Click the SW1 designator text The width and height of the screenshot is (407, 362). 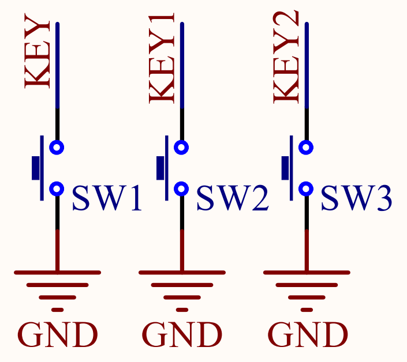[107, 199]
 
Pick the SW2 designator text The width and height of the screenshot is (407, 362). [232, 199]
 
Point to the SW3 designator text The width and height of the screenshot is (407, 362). [356, 199]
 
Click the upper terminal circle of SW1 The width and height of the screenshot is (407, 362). [57, 148]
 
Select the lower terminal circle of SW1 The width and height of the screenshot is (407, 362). [57, 188]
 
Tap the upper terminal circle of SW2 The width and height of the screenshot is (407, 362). [181, 148]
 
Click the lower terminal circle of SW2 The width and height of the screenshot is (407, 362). [181, 188]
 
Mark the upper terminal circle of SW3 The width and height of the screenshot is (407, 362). [306, 148]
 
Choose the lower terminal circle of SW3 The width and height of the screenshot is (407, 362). [306, 188]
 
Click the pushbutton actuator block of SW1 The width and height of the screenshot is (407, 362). [36, 168]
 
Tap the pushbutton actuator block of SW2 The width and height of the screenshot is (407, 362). [160, 168]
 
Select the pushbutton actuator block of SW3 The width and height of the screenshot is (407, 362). [285, 168]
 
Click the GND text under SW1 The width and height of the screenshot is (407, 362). [58, 335]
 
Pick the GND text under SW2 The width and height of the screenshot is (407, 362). [182, 335]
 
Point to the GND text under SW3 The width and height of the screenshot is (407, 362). [308, 335]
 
